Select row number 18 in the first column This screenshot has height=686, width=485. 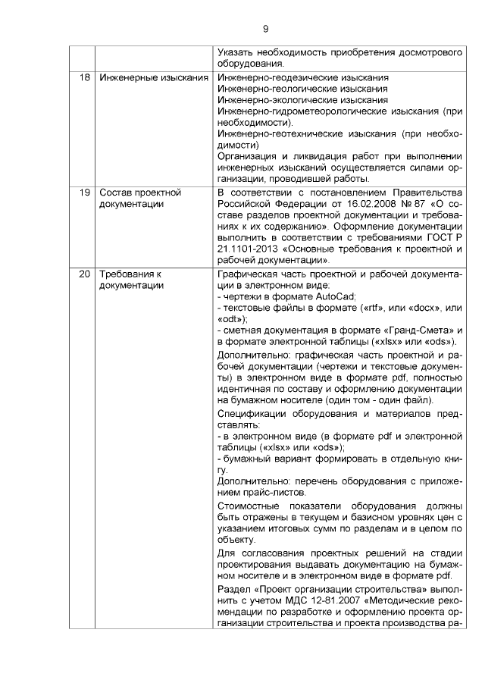point(83,78)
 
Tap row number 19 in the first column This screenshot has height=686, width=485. point(83,193)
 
